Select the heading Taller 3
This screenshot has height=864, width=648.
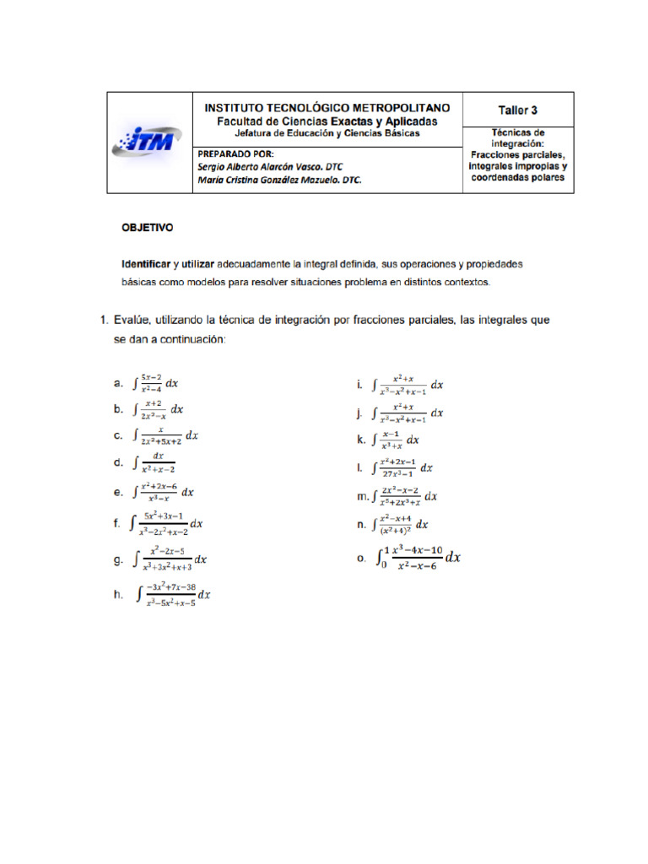click(x=518, y=110)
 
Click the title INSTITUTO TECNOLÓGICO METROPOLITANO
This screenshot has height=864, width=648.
click(x=328, y=108)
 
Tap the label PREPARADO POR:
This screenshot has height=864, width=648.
click(x=235, y=154)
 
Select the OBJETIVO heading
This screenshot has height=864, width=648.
click(x=148, y=228)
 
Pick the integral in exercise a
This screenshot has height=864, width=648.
click(x=156, y=383)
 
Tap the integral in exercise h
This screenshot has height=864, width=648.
click(x=173, y=595)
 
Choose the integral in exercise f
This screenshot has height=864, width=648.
click(x=166, y=524)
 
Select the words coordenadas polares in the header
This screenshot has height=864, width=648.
click(x=518, y=178)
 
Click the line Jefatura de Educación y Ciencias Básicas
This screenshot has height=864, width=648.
click(x=327, y=133)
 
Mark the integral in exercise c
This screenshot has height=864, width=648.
click(x=166, y=435)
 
